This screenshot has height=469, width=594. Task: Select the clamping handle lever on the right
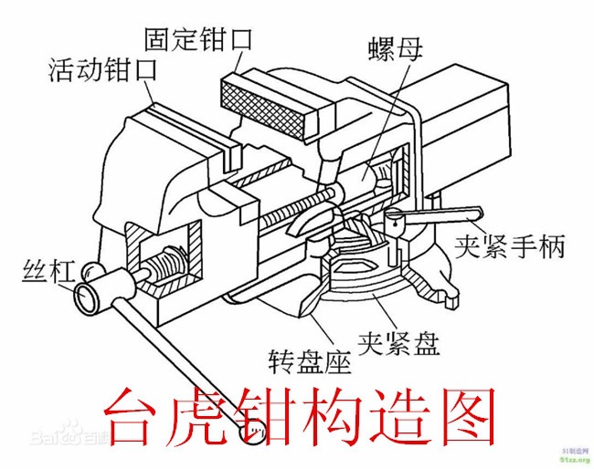439,217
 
